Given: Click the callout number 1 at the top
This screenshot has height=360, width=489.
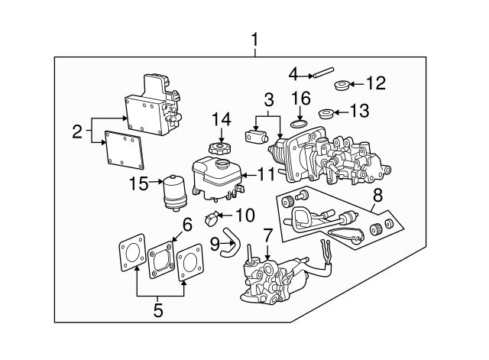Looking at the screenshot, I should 255,38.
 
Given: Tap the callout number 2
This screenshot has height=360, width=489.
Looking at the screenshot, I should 76,131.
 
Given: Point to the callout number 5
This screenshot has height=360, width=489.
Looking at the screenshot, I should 158,310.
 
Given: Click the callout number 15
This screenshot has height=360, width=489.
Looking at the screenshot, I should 138,183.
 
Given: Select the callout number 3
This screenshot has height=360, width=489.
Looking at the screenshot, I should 268,100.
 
